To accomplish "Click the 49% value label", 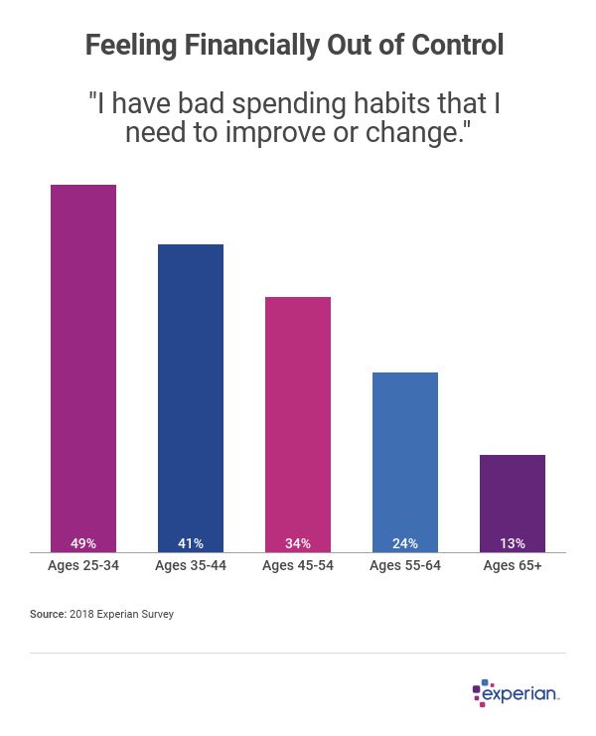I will (x=83, y=543).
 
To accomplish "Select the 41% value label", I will (x=191, y=543).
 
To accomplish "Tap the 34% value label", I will (x=298, y=543).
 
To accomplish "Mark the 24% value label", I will (x=405, y=543).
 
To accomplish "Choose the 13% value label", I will (x=513, y=543).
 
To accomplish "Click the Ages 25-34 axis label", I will (x=83, y=566).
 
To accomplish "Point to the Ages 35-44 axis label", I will (x=191, y=566).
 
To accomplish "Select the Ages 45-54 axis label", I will (x=298, y=566).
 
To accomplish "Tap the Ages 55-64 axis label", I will (x=405, y=566).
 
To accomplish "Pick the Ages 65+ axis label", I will (x=513, y=566).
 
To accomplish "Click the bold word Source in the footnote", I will (x=47, y=615).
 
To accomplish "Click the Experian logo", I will (x=516, y=692).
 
